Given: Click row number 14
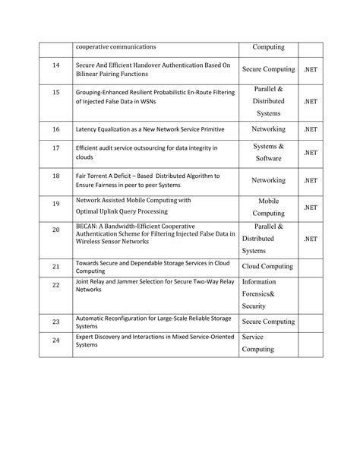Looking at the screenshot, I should [x=55, y=66].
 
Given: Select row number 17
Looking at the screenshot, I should [x=55, y=152].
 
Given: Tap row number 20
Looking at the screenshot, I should [x=55, y=229].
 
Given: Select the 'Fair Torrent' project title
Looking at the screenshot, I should [x=147, y=180].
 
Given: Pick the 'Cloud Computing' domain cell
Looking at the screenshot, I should [x=268, y=267].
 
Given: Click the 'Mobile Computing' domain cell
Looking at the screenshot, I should [x=268, y=208].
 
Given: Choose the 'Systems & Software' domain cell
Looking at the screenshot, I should [x=268, y=152].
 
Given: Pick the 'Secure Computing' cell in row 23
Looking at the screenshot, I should [x=268, y=322].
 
